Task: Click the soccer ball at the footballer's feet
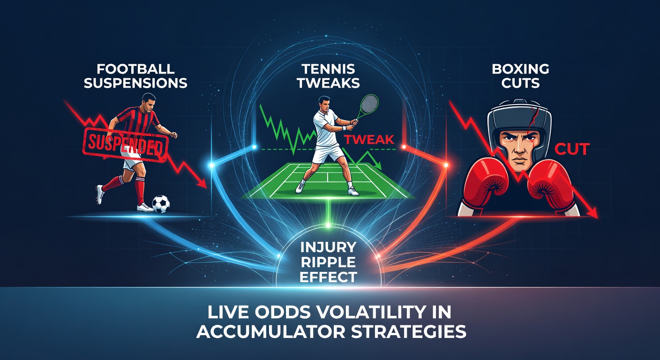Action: point(161,204)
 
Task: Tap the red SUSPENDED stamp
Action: point(126,145)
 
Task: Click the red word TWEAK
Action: point(369,140)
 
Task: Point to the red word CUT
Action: point(572,150)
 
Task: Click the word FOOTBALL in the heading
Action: point(135,69)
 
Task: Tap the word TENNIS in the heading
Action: point(328,69)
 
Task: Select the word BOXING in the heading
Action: point(520,69)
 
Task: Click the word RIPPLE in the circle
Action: point(328,262)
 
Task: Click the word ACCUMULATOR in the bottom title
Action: point(271,332)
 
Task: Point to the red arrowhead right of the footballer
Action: point(202,183)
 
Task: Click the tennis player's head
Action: point(325,104)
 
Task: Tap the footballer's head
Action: point(149,102)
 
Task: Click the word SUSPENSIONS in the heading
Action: point(135,83)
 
